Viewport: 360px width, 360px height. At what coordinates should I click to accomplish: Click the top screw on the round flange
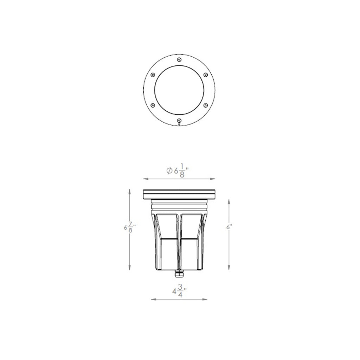tap(179, 60)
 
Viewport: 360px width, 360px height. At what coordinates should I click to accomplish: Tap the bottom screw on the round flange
tap(179, 120)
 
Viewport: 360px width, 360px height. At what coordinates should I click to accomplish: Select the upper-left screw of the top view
tap(153, 75)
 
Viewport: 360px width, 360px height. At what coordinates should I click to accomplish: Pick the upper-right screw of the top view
tap(205, 75)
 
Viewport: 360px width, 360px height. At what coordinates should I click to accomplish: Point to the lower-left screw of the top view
tap(153, 105)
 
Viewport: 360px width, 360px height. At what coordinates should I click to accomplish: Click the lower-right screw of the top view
tap(205, 105)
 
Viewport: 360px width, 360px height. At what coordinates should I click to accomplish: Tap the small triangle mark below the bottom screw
tap(179, 125)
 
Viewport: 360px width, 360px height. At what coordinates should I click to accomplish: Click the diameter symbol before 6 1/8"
tap(169, 171)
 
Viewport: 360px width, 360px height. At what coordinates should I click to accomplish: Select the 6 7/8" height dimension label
tap(130, 227)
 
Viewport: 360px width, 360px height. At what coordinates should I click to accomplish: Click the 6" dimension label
tap(229, 227)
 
